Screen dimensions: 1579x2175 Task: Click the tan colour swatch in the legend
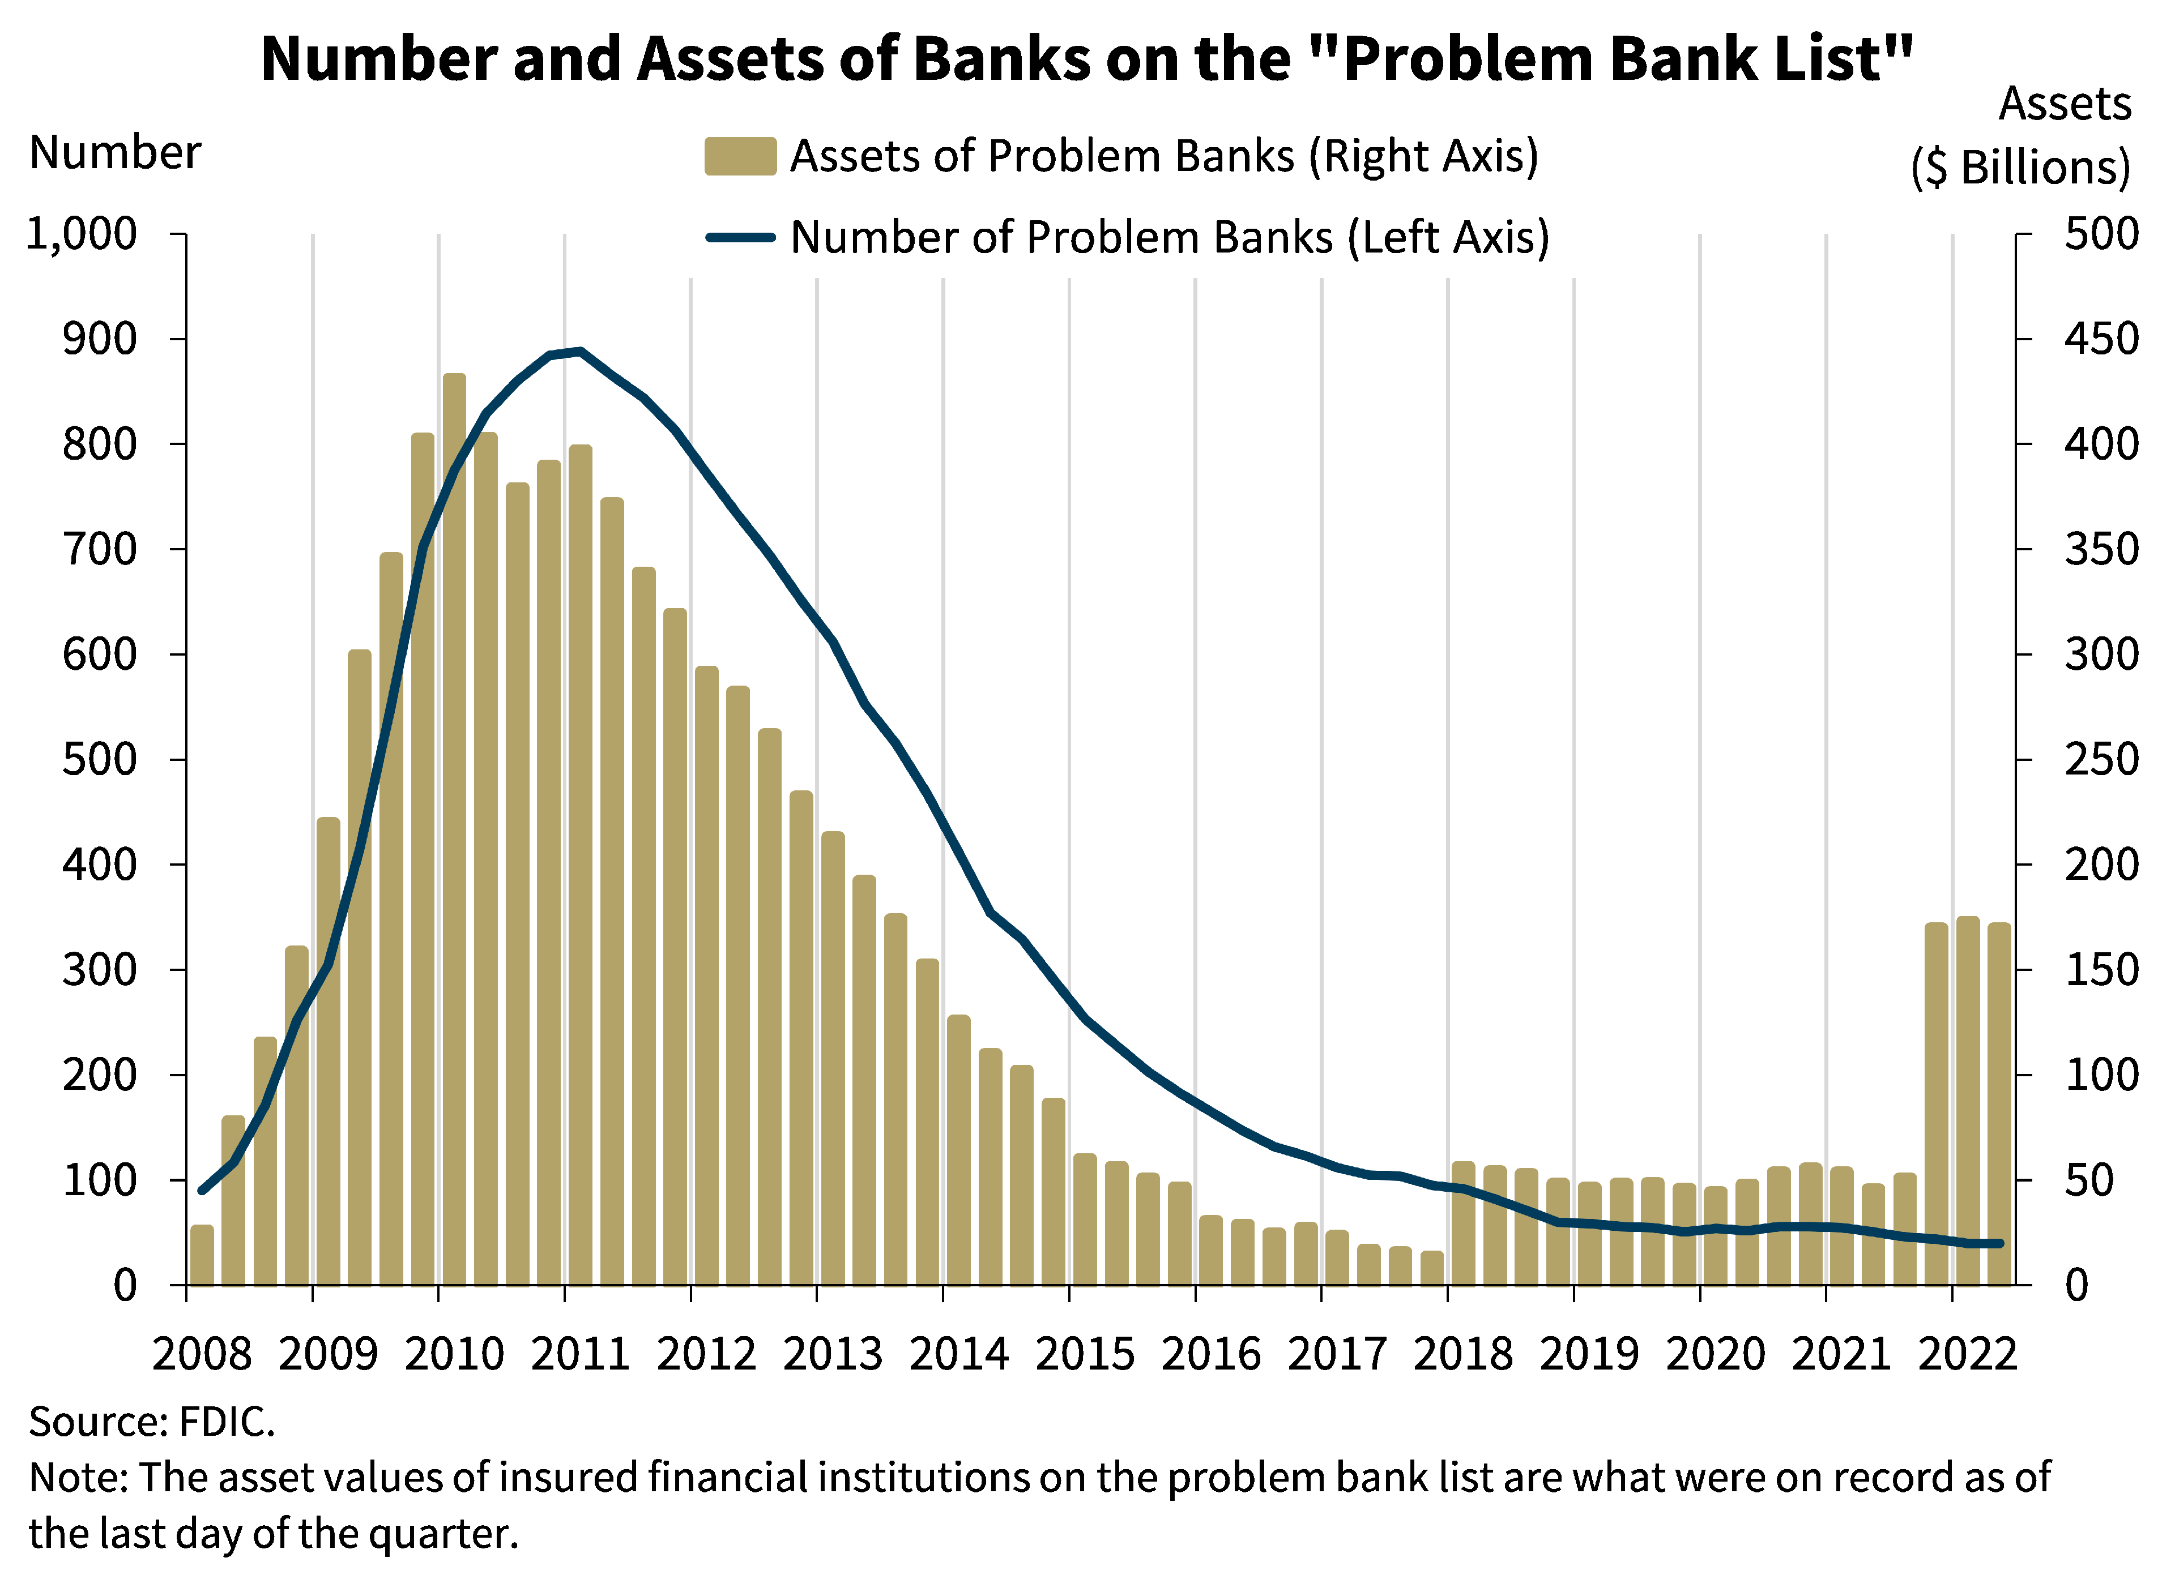[x=739, y=156]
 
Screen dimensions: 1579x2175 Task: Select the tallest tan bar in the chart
[x=455, y=824]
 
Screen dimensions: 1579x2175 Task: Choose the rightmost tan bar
[x=1998, y=1102]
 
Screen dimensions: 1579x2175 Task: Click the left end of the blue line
[x=202, y=1191]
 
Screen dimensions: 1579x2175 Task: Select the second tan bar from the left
[x=233, y=1199]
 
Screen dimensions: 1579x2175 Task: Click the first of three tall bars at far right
[x=1936, y=1102]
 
